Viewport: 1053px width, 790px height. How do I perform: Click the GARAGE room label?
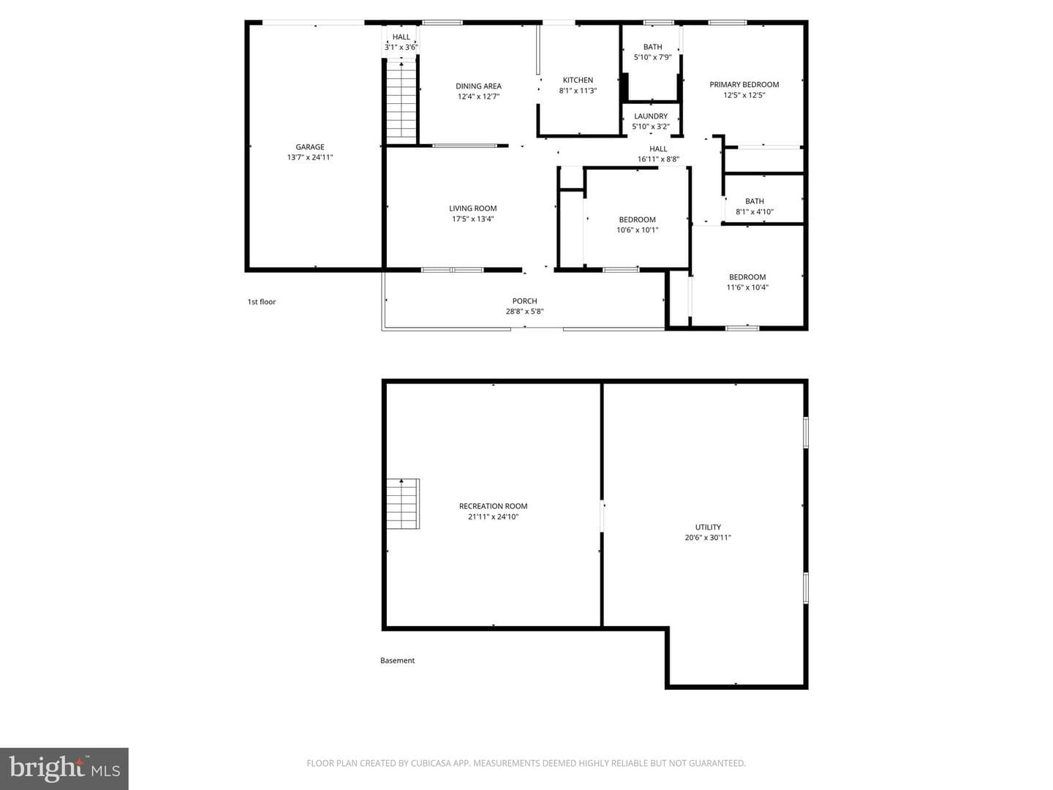309,147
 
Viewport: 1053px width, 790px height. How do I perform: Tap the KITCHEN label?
578,80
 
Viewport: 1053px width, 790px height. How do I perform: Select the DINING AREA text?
478,86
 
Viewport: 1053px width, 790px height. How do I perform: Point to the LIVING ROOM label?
472,208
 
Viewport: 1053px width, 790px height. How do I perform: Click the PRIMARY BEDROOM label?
744,84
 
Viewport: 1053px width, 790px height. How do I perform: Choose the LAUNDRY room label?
651,116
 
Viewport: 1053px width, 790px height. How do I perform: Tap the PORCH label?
524,301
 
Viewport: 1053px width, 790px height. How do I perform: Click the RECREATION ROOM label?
493,506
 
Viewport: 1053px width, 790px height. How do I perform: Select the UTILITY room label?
708,527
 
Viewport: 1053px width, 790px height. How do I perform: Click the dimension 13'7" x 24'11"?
310,157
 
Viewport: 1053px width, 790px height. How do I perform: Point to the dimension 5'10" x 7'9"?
652,57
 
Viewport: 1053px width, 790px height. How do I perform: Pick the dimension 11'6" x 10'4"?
747,287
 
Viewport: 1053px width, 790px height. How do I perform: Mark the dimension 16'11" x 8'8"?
658,159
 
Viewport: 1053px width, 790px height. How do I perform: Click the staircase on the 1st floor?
401,102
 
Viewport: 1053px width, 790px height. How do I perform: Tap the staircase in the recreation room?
403,504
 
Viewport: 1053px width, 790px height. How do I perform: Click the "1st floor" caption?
262,301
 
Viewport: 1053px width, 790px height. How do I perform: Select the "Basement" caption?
397,661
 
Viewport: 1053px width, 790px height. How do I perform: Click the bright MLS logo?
64,768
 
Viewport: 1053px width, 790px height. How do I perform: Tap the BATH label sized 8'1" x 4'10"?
754,201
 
